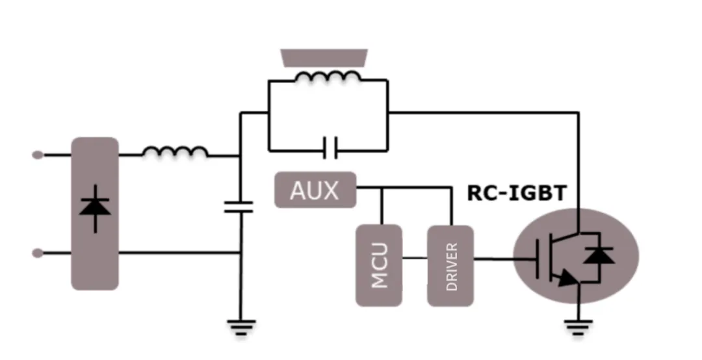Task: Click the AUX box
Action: click(x=315, y=190)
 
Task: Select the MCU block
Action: click(x=379, y=265)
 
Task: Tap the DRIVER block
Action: click(x=450, y=266)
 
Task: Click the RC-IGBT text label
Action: click(x=517, y=193)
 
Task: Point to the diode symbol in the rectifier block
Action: click(x=95, y=207)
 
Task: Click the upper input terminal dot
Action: click(x=38, y=155)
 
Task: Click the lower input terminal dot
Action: click(x=38, y=253)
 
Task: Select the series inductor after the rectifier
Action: click(x=175, y=152)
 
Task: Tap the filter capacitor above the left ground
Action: click(x=239, y=207)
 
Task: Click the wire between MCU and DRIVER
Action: click(x=414, y=259)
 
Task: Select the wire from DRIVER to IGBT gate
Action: click(x=504, y=259)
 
